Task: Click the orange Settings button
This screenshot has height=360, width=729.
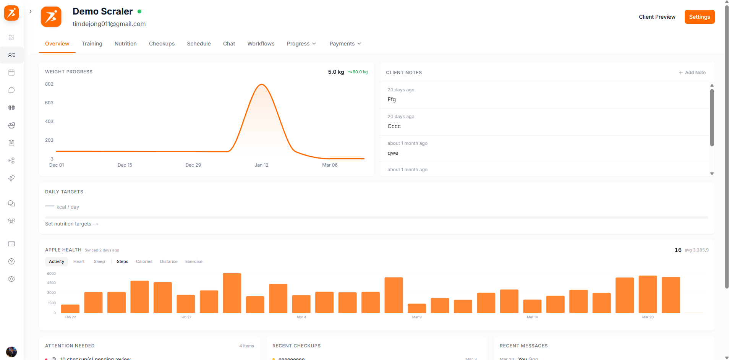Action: coord(699,17)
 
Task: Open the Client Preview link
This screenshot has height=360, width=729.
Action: coord(657,17)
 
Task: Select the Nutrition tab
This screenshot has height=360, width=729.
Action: coord(125,44)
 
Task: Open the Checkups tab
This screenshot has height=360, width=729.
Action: coord(162,44)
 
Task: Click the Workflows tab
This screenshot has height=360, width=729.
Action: coord(261,44)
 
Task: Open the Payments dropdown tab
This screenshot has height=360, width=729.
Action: coord(345,44)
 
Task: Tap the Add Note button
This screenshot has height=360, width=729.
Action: coord(692,73)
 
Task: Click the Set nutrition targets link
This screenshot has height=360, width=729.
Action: coord(71,224)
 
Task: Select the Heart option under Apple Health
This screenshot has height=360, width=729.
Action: coord(79,261)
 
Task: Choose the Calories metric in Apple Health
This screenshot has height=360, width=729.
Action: coord(144,261)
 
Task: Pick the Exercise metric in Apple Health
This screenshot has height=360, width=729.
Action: coord(194,261)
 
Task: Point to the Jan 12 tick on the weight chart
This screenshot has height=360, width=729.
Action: coord(261,165)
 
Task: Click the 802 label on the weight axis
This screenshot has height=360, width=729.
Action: coord(49,84)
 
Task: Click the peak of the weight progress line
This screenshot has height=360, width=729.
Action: coord(262,84)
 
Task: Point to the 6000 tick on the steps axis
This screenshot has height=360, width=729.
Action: coord(51,274)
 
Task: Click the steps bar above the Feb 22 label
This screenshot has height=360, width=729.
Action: coord(70,309)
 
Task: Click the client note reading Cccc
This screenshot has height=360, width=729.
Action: coord(394,126)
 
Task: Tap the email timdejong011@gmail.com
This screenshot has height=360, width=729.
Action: coord(109,24)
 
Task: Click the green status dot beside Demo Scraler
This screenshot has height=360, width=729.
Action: coord(139,11)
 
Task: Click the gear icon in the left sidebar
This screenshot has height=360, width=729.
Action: coord(11,279)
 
